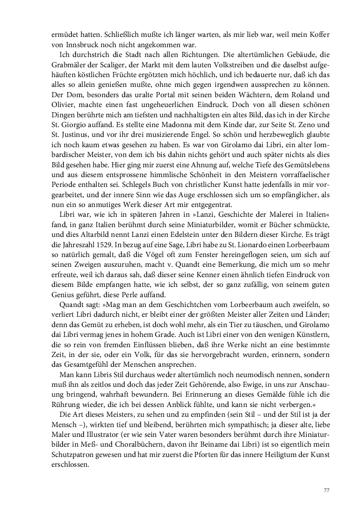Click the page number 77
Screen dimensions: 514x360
(x=327, y=491)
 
